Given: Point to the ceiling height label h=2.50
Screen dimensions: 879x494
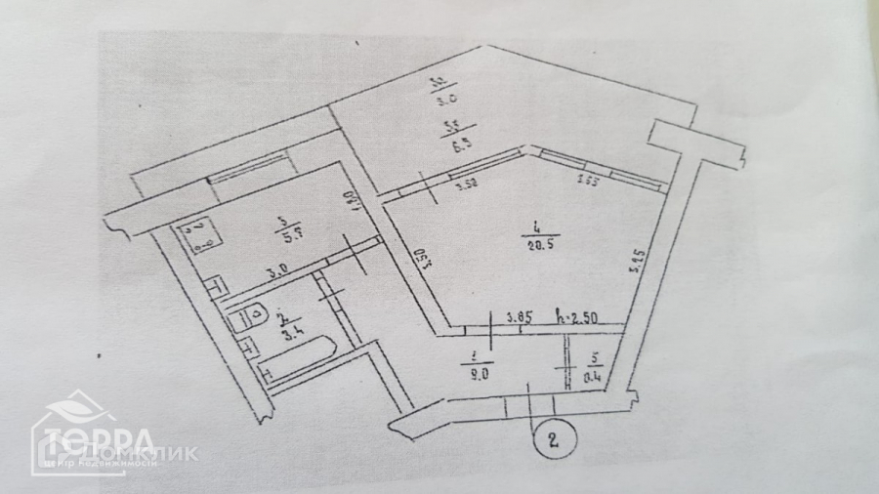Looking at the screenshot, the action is coord(577,317).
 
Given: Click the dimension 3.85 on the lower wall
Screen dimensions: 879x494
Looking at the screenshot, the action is coord(520,317).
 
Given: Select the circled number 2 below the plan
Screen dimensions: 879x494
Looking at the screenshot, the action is coord(553,437).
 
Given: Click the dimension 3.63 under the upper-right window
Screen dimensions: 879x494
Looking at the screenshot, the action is coord(588,180).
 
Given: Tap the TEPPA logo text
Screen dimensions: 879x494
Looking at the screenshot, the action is coord(96,438).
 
